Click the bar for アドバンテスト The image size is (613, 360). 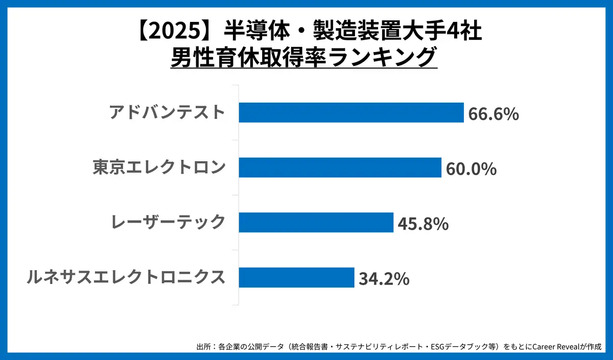click(351, 112)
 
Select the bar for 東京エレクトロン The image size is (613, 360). click(340, 167)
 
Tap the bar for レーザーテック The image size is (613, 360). click(316, 223)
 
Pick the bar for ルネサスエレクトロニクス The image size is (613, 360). click(296, 277)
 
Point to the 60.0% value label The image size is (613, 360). click(471, 169)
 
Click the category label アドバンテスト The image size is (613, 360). click(167, 112)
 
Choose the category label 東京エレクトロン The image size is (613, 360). click(159, 167)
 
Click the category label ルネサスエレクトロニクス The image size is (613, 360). click(126, 277)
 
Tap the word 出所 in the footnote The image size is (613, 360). click(203, 347)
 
